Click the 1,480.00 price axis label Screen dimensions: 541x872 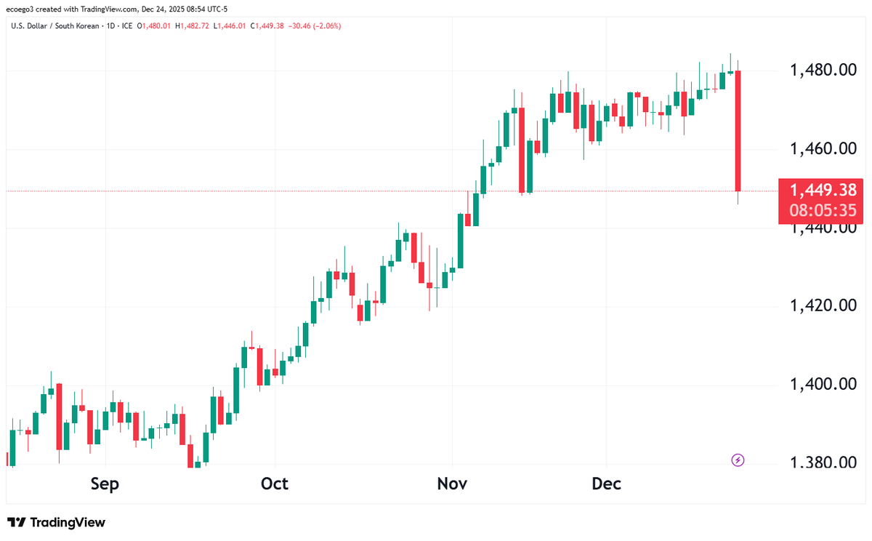click(823, 71)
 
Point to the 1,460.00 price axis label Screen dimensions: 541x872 click(823, 150)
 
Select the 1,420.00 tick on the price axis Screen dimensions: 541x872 click(823, 305)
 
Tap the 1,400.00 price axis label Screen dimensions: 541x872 click(823, 384)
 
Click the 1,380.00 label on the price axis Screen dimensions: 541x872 click(823, 462)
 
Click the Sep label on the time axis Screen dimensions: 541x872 click(105, 484)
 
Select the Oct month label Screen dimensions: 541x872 click(275, 484)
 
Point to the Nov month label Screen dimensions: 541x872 click(452, 484)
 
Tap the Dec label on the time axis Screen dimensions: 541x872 click(606, 484)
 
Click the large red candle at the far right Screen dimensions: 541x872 click(738, 131)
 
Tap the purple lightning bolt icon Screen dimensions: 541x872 click(738, 460)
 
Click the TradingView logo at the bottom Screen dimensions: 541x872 click(56, 522)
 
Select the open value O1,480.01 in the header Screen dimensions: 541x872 click(156, 26)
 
